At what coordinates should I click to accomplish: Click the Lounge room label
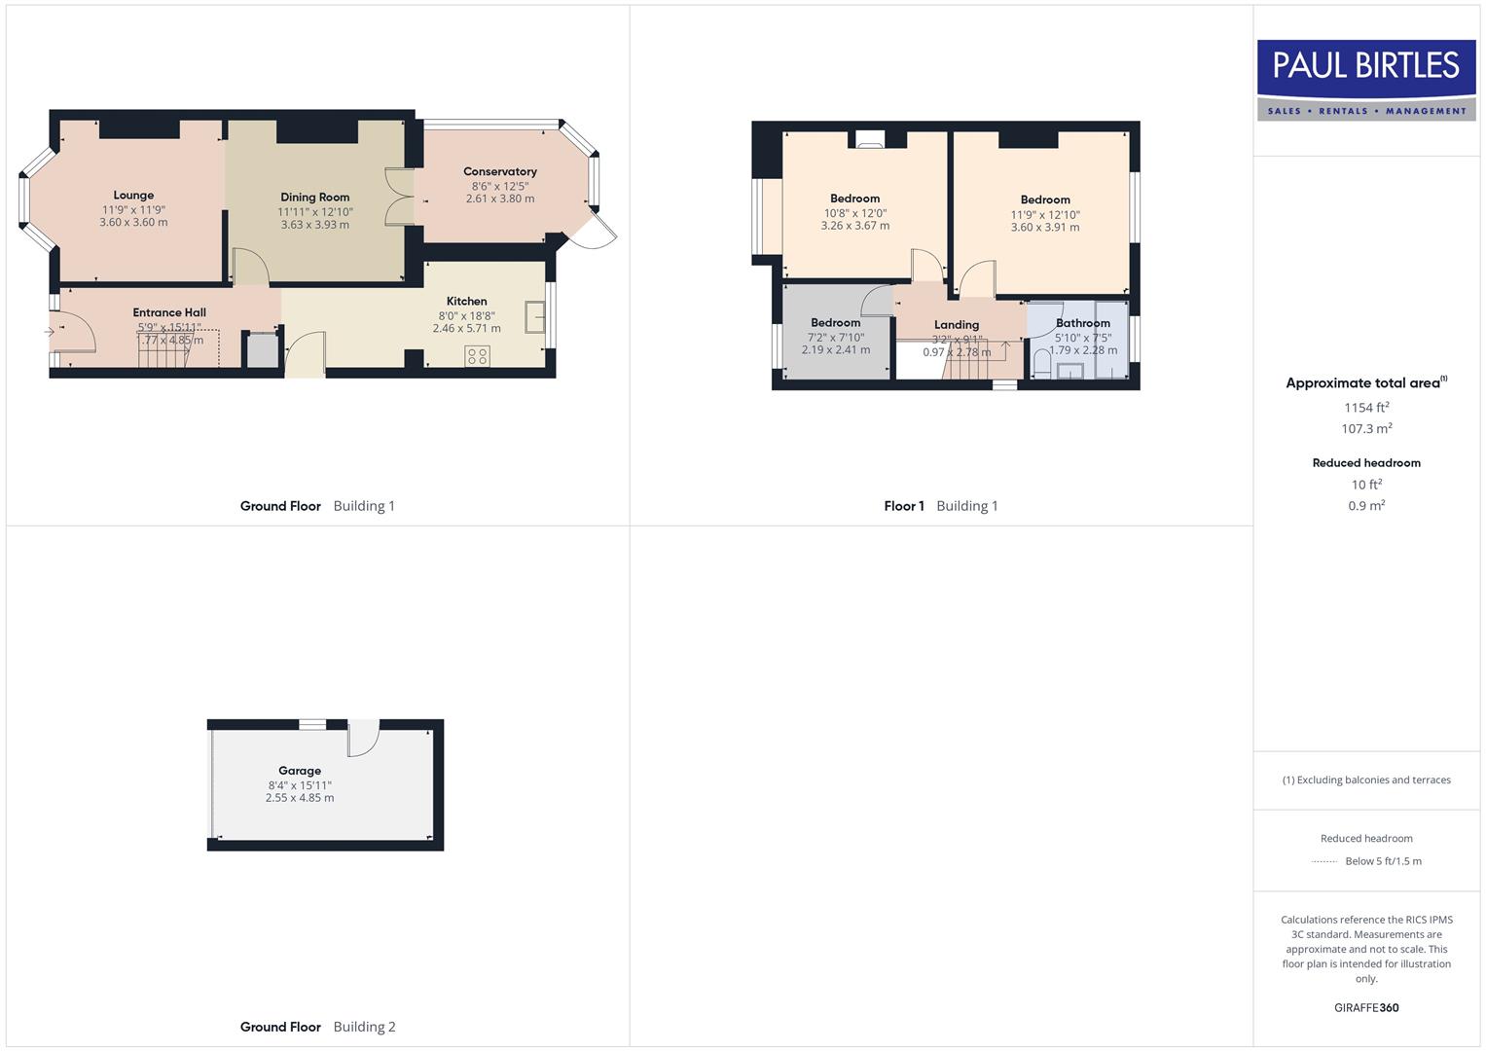pyautogui.click(x=133, y=196)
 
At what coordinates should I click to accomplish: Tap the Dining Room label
pyautogui.click(x=314, y=198)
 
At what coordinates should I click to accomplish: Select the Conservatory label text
pyautogui.click(x=500, y=172)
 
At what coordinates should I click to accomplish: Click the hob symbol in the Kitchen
pyautogui.click(x=477, y=356)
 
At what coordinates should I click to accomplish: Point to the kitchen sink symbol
pyautogui.click(x=534, y=316)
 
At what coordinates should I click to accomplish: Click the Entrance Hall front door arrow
pyautogui.click(x=50, y=333)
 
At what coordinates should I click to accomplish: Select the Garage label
pyautogui.click(x=300, y=771)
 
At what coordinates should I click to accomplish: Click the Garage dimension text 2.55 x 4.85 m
pyautogui.click(x=300, y=798)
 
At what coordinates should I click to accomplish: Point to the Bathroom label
pyautogui.click(x=1082, y=323)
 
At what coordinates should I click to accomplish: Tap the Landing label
pyautogui.click(x=957, y=325)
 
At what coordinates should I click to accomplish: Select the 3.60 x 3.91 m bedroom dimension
pyautogui.click(x=1045, y=228)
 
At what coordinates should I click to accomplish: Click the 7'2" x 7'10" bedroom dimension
pyautogui.click(x=835, y=338)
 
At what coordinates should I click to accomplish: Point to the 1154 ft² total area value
pyautogui.click(x=1366, y=408)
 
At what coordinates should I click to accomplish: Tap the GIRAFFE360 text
pyautogui.click(x=1366, y=1008)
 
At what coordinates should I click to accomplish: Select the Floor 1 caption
pyautogui.click(x=904, y=506)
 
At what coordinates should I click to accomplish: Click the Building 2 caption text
pyautogui.click(x=364, y=1027)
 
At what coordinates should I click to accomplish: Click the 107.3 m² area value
pyautogui.click(x=1366, y=429)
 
